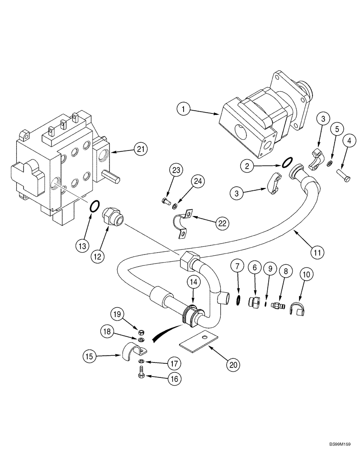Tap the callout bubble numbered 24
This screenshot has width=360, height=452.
[198, 181]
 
